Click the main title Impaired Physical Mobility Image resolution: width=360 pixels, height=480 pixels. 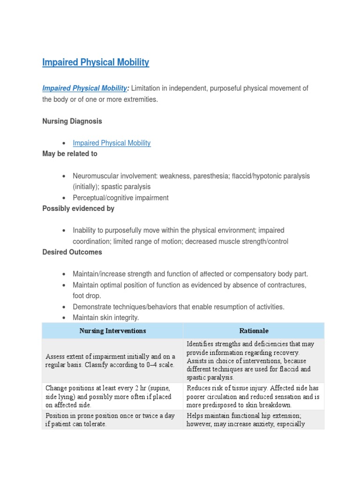(x=96, y=62)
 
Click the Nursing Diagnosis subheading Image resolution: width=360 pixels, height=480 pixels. (x=72, y=121)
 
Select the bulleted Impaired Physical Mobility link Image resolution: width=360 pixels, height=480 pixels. (x=112, y=143)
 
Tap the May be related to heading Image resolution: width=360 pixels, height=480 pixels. (x=70, y=154)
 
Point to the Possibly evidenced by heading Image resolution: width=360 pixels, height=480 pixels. (x=78, y=209)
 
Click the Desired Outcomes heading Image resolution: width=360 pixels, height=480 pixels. (x=72, y=252)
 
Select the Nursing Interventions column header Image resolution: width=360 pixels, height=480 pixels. (x=112, y=330)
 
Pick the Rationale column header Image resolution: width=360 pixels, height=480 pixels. (x=254, y=330)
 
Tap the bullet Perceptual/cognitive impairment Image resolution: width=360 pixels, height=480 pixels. (x=120, y=198)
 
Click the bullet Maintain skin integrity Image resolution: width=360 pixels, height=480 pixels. (x=106, y=318)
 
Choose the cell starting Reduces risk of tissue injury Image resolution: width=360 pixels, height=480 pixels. (x=253, y=397)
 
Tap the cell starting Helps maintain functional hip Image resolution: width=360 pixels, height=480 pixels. (x=253, y=420)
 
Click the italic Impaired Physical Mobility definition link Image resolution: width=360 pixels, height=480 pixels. (x=84, y=88)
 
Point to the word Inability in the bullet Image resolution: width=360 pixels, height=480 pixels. (x=85, y=231)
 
